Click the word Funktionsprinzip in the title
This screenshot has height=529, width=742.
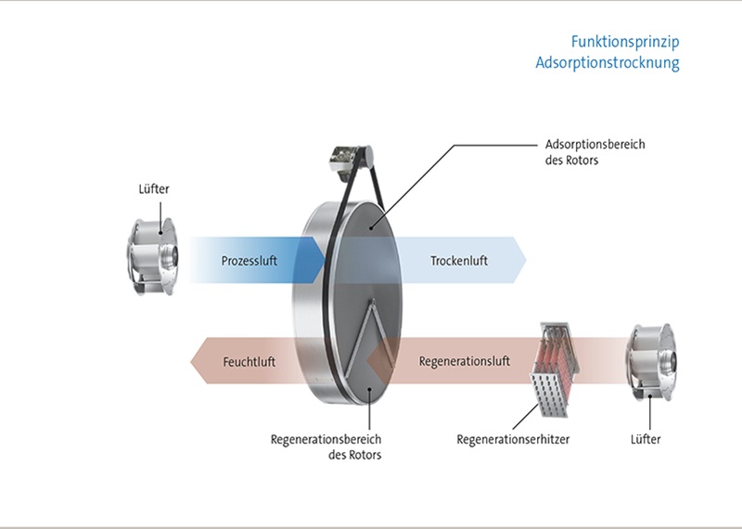tap(626, 41)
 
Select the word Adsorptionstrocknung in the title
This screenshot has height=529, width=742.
tap(608, 63)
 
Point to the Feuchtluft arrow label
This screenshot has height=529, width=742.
tap(249, 359)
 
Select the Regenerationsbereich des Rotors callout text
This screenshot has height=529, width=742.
tap(326, 446)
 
